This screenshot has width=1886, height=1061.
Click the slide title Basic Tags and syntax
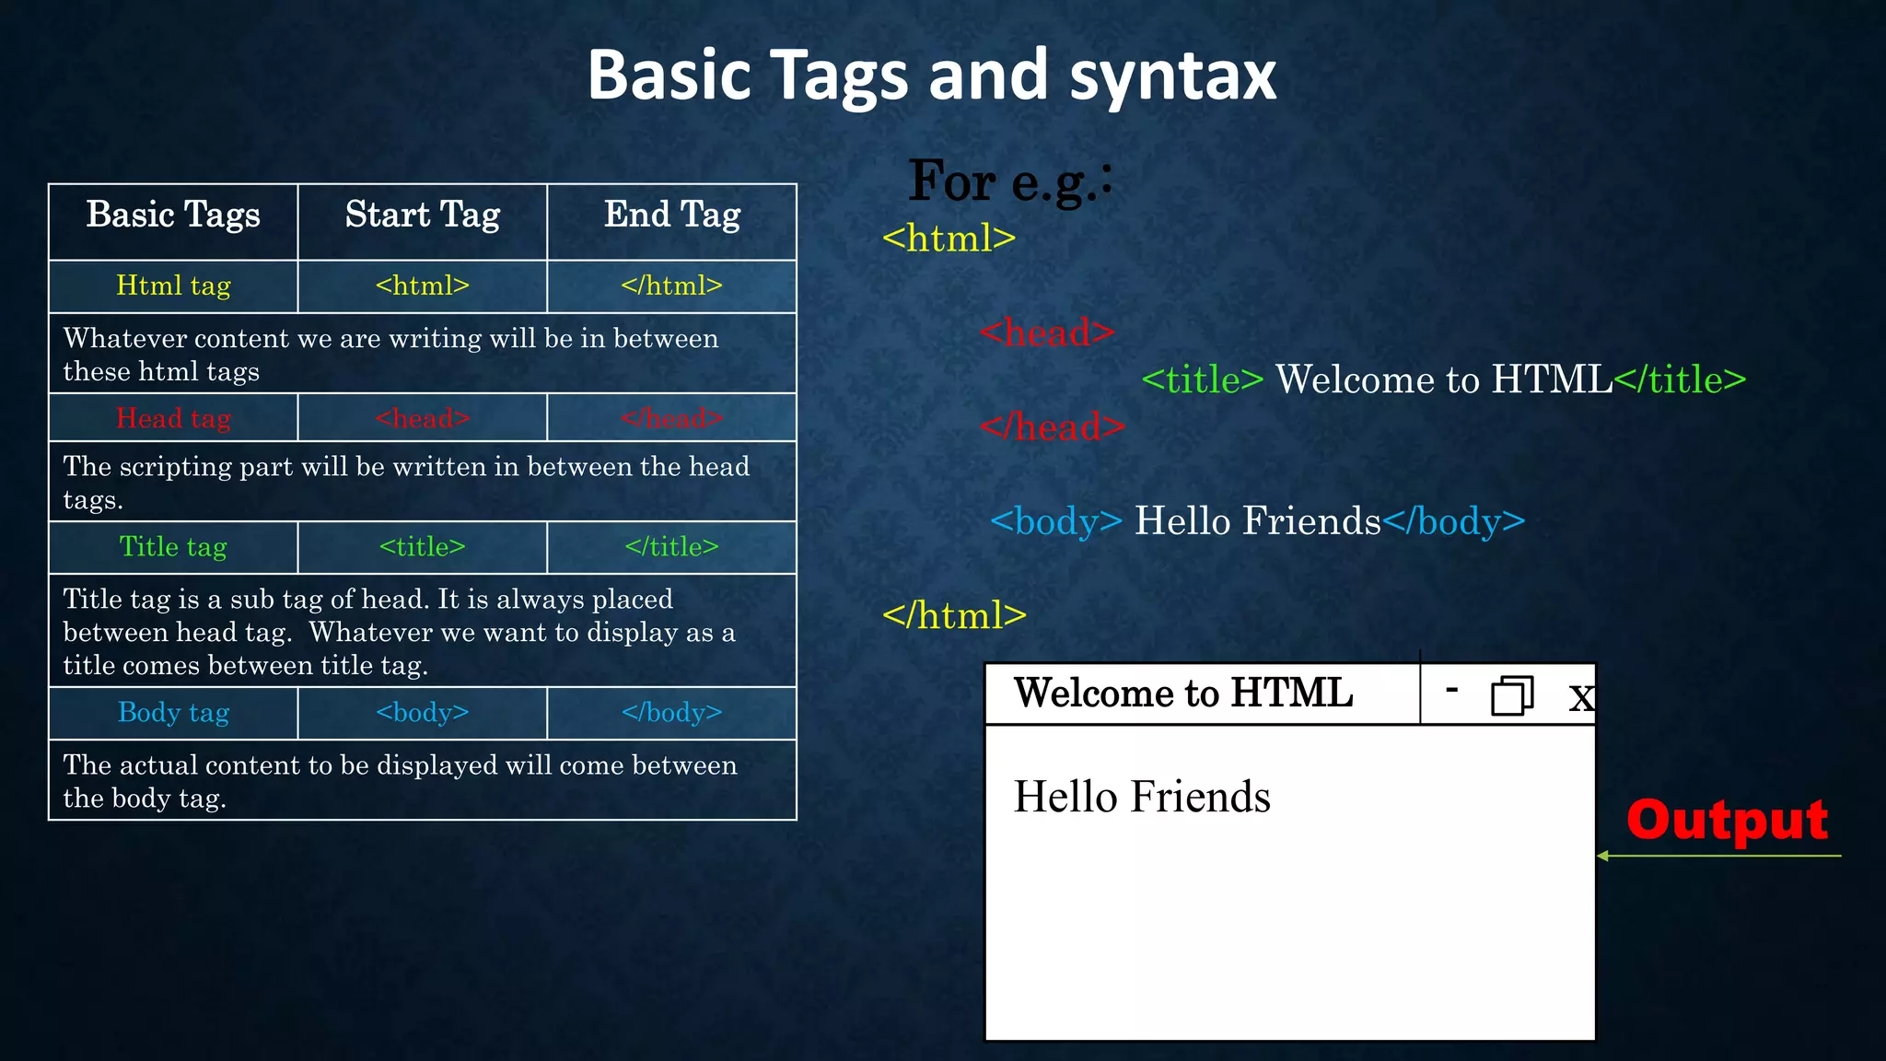click(x=931, y=76)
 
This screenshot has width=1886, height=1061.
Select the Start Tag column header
click(x=422, y=216)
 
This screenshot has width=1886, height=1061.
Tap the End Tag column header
click(x=672, y=216)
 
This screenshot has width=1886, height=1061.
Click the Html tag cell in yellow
click(x=173, y=286)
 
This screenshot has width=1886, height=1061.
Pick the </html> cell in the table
click(x=671, y=286)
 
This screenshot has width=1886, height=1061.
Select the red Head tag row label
click(x=173, y=418)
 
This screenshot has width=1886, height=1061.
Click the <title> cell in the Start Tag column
click(x=422, y=547)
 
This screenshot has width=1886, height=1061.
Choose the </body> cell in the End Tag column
click(x=671, y=713)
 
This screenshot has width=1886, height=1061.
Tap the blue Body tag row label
click(x=173, y=713)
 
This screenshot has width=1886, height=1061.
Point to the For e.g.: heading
click(x=1010, y=181)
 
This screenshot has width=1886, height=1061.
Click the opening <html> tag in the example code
click(x=949, y=239)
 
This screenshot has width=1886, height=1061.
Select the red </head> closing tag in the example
click(x=1052, y=427)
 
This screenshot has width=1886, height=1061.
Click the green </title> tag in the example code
click(x=1680, y=379)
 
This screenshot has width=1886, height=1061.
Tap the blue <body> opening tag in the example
click(x=1055, y=521)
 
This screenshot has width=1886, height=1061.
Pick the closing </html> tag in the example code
click(x=954, y=615)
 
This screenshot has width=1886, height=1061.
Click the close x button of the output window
click(x=1580, y=697)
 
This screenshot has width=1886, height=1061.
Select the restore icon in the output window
click(x=1511, y=695)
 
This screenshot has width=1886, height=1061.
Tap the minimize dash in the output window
click(x=1452, y=689)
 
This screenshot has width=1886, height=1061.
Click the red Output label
click(x=1727, y=820)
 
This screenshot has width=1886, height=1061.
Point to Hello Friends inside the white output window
click(x=1141, y=797)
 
